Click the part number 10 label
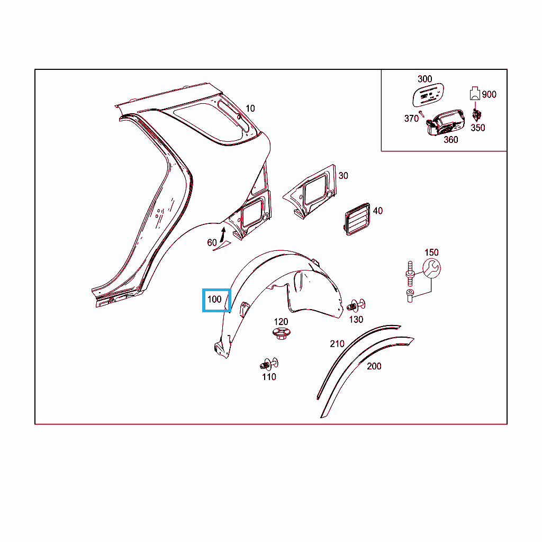(250, 109)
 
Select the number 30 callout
(343, 176)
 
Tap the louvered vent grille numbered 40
(357, 219)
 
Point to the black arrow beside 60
(222, 234)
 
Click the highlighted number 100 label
(214, 300)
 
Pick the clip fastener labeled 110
(268, 364)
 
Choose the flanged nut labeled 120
(281, 333)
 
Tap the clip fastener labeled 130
(356, 305)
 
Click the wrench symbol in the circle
(432, 268)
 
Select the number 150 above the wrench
(431, 252)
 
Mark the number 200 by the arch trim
(374, 366)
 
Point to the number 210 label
(337, 344)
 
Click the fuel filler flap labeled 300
(428, 95)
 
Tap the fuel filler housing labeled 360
(446, 123)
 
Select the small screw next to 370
(421, 114)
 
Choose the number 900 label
(489, 94)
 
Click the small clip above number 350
(477, 115)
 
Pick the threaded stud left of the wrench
(410, 274)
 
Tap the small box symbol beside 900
(475, 93)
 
